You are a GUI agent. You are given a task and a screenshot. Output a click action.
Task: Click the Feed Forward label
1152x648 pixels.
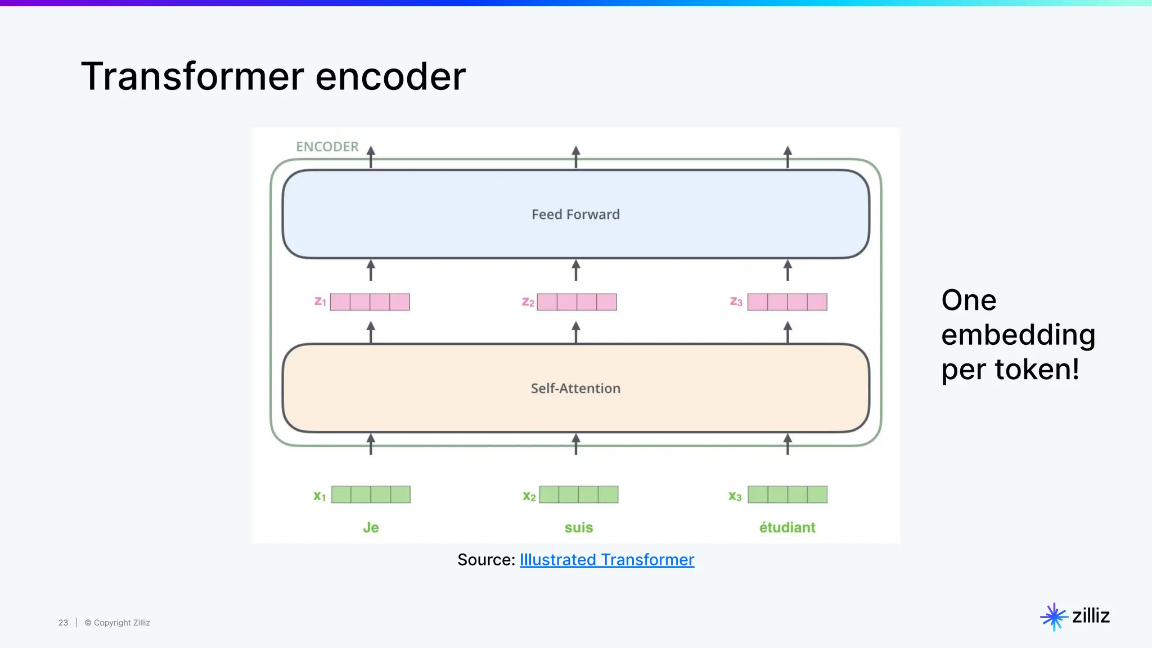pos(575,214)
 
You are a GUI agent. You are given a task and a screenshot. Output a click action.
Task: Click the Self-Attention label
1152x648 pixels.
pos(575,388)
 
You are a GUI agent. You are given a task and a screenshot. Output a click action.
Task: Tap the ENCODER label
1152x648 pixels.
pos(327,147)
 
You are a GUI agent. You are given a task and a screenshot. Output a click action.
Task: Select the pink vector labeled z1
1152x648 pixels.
pos(370,302)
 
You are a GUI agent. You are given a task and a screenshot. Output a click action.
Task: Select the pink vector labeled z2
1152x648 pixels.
pos(577,302)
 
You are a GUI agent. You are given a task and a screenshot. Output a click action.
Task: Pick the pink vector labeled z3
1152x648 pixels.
pos(787,302)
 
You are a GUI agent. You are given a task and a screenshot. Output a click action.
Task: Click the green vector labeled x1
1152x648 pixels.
pos(371,494)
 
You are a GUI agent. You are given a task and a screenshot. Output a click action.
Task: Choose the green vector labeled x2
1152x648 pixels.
pos(578,494)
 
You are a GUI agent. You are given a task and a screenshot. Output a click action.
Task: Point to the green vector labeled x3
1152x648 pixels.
pos(787,494)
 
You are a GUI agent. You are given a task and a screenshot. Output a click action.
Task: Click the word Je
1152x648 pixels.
pos(371,528)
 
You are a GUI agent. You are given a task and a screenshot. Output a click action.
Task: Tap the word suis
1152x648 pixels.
pos(578,528)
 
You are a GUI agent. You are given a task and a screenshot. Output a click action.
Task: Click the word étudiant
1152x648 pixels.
pos(787,528)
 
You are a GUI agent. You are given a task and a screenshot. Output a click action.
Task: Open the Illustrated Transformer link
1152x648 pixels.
pos(606,560)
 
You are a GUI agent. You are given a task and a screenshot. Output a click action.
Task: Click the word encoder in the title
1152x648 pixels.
pos(390,76)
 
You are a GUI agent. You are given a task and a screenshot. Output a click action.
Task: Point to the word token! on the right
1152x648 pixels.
pos(1037,370)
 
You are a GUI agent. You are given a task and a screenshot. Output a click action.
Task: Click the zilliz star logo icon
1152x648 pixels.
pos(1054,616)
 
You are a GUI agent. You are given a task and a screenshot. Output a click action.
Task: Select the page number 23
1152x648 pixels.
pos(63,623)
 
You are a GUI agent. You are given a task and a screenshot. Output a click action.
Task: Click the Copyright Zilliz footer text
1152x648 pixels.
pos(118,623)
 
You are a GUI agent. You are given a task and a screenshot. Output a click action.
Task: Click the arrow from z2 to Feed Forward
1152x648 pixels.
pos(575,271)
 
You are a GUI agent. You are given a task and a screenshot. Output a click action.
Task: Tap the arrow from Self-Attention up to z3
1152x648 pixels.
pos(787,332)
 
